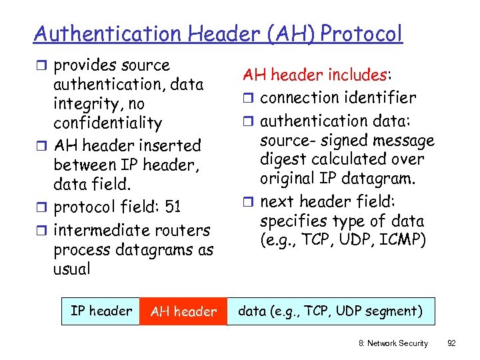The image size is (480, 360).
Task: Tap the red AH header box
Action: pos(183,311)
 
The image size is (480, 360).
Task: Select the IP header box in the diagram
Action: pos(101,311)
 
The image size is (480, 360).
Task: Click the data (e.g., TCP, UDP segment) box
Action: pos(330,311)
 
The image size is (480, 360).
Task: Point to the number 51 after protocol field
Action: pos(173,207)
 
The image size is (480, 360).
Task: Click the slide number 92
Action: pos(451,343)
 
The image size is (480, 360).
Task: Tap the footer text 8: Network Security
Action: pos(393,343)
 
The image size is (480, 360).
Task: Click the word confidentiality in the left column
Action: pos(107,123)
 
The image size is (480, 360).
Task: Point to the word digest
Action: pos(284,160)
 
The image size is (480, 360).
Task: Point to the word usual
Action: pos(71,269)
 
